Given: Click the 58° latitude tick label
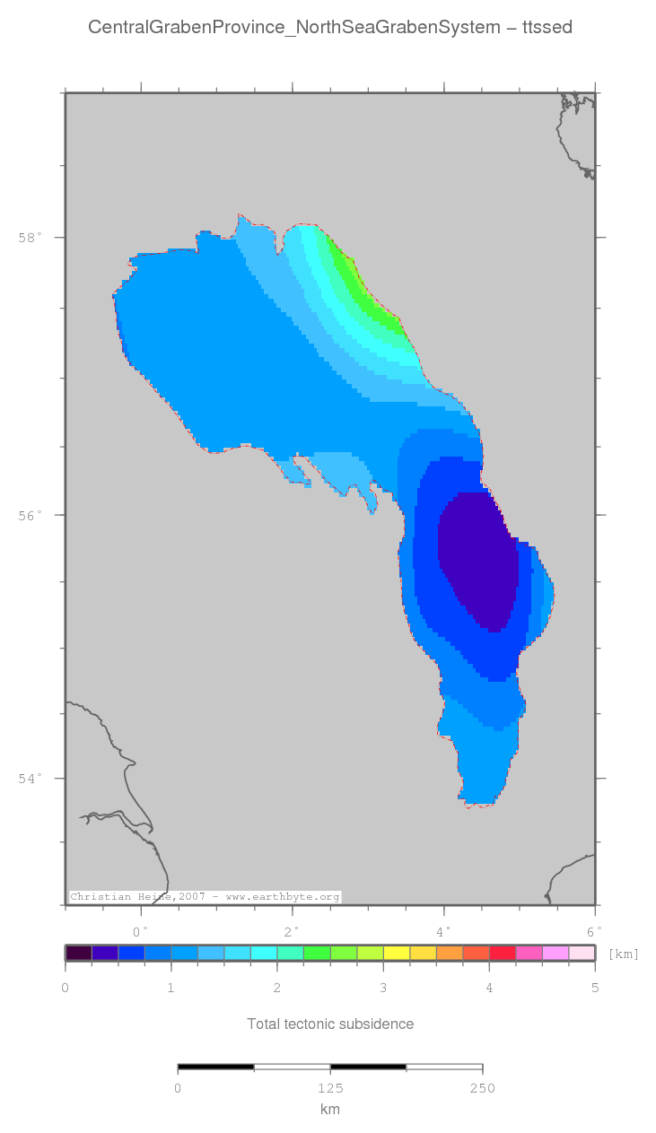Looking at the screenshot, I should pyautogui.click(x=31, y=238).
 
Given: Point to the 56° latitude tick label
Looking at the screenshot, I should pyautogui.click(x=31, y=515).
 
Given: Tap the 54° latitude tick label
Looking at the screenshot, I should pyautogui.click(x=31, y=779).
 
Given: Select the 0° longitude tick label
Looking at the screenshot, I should pyautogui.click(x=141, y=931).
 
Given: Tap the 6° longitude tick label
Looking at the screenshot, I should pyautogui.click(x=594, y=931).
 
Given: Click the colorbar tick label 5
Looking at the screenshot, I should pyautogui.click(x=594, y=989).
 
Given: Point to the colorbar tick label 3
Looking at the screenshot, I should pyautogui.click(x=383, y=989).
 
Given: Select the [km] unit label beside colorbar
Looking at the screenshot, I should pyautogui.click(x=623, y=954).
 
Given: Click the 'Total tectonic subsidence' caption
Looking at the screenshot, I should pyautogui.click(x=330, y=1024).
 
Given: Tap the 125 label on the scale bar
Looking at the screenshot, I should pyautogui.click(x=330, y=1089).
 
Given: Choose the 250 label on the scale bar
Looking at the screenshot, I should pyautogui.click(x=482, y=1089).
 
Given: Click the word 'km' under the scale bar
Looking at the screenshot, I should pyautogui.click(x=330, y=1110).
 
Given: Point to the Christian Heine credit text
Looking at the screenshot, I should pyautogui.click(x=206, y=897).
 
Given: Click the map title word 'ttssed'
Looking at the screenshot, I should pyautogui.click(x=547, y=28).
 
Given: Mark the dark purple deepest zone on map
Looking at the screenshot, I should pyautogui.click(x=478, y=561).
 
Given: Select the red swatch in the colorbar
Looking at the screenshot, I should pyautogui.click(x=503, y=953).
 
